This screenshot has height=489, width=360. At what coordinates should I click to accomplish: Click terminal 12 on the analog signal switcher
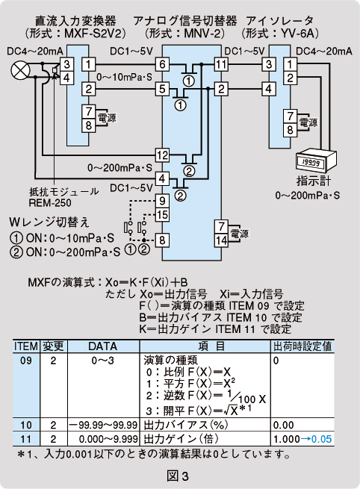(162, 155)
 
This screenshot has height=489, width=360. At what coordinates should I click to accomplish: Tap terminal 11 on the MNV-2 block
(221, 64)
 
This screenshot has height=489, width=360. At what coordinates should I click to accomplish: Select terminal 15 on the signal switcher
(162, 214)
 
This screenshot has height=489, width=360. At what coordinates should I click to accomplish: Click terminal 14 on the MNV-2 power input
(221, 240)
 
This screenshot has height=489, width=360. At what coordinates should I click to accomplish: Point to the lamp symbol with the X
(21, 70)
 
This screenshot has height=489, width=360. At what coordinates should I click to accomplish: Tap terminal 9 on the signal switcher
(162, 201)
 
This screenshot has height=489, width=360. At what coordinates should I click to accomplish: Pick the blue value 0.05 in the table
(321, 439)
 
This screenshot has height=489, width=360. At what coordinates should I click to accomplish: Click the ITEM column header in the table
(26, 346)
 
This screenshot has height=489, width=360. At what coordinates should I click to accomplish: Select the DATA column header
(103, 346)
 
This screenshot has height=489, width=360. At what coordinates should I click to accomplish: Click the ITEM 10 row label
(26, 425)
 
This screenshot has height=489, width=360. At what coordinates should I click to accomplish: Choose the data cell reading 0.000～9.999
(108, 439)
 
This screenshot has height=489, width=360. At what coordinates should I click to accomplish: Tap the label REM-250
(50, 203)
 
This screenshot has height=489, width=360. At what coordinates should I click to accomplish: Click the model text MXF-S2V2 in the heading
(95, 34)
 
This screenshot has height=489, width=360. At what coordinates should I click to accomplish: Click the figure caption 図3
(178, 476)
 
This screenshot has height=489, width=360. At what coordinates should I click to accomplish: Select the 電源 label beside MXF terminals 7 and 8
(107, 117)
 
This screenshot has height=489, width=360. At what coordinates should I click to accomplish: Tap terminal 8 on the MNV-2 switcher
(162, 240)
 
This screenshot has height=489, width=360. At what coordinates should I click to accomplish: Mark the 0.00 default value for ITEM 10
(284, 425)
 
